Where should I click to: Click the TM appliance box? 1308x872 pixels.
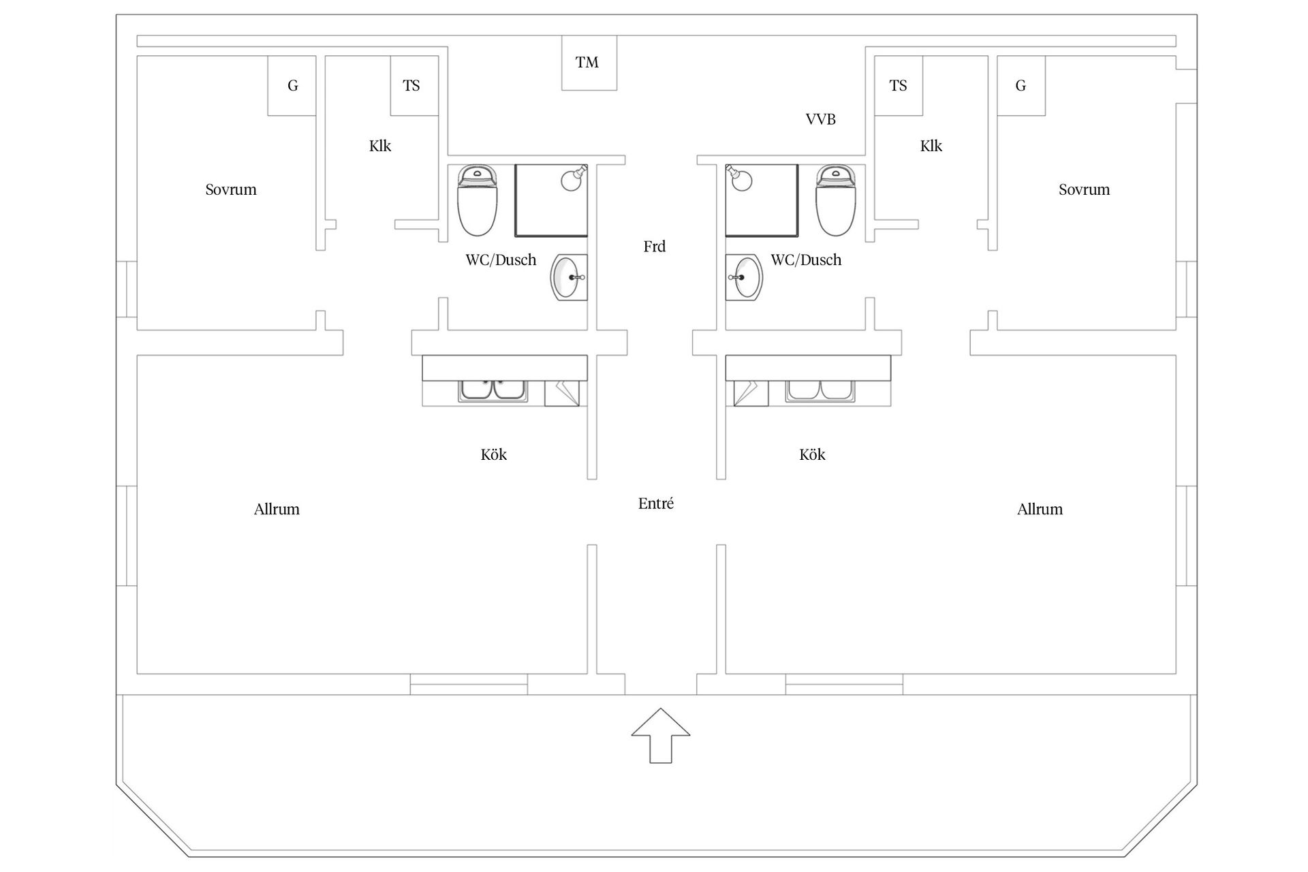click(x=589, y=63)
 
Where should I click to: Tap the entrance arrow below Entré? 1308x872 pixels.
click(x=660, y=736)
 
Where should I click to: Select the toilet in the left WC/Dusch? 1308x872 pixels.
click(x=477, y=200)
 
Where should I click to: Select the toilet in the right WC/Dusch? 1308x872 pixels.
click(x=836, y=200)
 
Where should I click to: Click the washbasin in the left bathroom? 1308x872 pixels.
click(x=567, y=277)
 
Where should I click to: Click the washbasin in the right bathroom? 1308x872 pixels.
click(x=745, y=277)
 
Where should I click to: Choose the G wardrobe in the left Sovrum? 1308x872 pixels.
click(x=292, y=85)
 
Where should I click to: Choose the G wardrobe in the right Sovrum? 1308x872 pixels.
click(x=1021, y=85)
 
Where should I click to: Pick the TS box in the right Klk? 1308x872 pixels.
click(x=899, y=85)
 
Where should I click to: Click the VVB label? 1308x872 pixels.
click(x=820, y=119)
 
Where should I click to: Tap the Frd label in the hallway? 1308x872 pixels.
click(x=655, y=247)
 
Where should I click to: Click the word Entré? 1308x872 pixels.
click(x=656, y=503)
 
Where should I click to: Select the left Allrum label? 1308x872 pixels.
click(x=277, y=510)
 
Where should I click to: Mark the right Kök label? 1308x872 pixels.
click(x=812, y=454)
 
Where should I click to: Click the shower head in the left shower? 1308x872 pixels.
click(x=573, y=178)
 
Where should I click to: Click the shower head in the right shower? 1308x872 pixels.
click(x=739, y=178)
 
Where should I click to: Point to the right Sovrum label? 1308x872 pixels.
click(x=1084, y=189)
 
